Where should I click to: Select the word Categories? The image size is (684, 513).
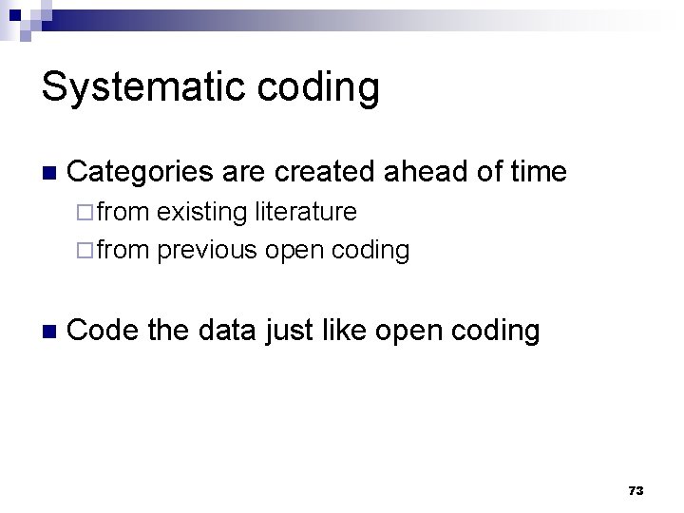[142, 172]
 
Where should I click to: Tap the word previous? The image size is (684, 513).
[207, 250]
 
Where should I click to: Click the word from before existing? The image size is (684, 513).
[123, 212]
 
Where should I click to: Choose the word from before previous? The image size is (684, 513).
[123, 250]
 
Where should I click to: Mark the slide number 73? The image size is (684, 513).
[636, 490]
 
